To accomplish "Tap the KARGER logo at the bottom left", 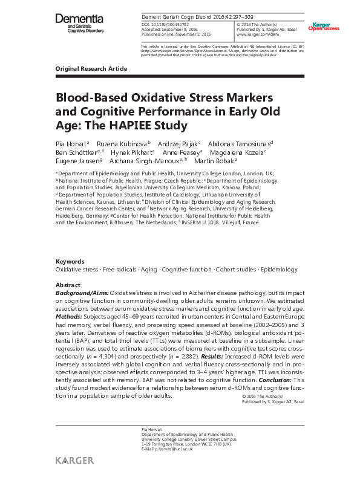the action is (x=74, y=461).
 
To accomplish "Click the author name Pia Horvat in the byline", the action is (x=71, y=144).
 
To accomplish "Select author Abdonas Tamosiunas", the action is (x=241, y=144).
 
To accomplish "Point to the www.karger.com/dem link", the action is (x=257, y=34).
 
